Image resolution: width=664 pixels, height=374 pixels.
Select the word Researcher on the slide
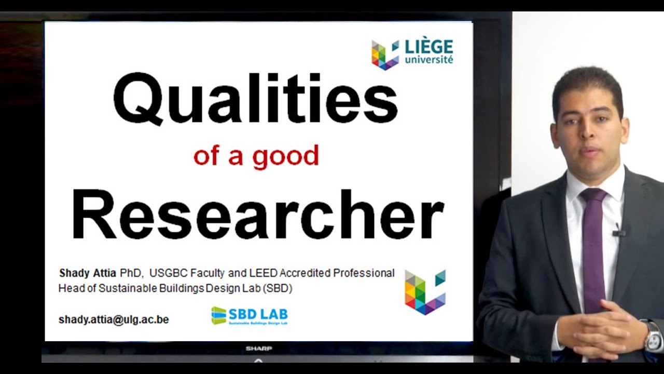(x=257, y=215)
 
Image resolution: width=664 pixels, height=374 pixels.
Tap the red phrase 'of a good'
(x=256, y=156)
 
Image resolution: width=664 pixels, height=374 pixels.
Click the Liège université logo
(x=412, y=54)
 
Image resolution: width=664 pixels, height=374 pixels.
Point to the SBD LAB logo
(x=250, y=315)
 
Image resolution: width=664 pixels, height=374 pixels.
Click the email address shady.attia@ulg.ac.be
(x=114, y=319)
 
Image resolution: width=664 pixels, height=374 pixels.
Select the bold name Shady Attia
(x=88, y=273)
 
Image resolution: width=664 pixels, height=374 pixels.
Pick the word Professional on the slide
(x=364, y=273)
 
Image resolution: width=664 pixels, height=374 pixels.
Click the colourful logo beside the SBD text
(x=425, y=292)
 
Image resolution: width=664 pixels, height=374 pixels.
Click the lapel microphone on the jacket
(x=618, y=232)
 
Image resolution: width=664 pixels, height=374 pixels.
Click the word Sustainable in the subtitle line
(x=107, y=288)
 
